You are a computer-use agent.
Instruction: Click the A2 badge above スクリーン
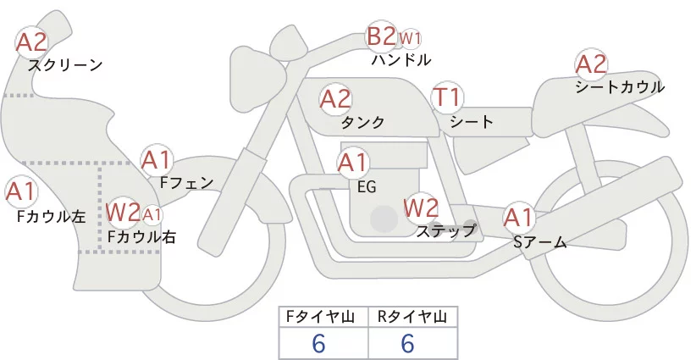pos(33,42)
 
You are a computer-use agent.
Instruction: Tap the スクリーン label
pos(65,65)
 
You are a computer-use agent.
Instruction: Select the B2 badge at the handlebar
pos(381,37)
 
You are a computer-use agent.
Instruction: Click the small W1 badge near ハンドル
pos(410,38)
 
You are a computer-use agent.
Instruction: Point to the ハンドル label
pos(401,60)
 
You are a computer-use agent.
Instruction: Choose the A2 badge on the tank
pos(335,99)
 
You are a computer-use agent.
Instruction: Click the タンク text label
pos(362,123)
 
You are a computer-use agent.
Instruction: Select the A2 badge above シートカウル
pos(591,64)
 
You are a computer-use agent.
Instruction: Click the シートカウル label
pos(619,87)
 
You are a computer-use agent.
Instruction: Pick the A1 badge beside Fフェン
pos(156,159)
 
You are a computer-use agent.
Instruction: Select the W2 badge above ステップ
pos(420,207)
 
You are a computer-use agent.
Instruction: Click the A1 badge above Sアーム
pos(518,218)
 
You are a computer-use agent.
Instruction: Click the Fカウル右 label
pos(141,237)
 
